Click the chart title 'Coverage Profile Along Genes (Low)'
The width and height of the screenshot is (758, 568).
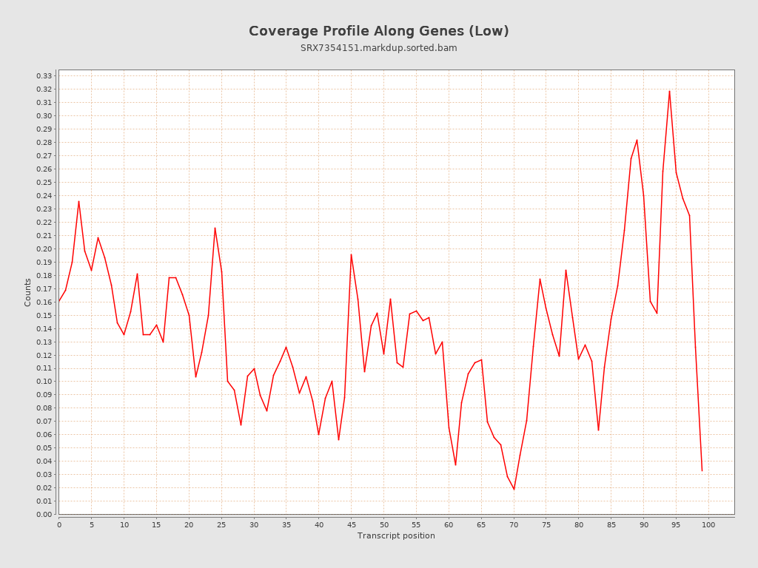pos(378,31)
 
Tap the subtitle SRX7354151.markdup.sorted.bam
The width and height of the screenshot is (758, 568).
pos(378,48)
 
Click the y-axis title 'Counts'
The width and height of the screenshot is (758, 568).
pos(28,292)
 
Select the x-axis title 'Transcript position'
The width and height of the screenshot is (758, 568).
pos(396,535)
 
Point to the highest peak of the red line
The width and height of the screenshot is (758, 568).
pos(669,91)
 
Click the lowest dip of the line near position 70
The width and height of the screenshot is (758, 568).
pos(514,489)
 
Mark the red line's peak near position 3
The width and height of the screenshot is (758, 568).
pos(78,201)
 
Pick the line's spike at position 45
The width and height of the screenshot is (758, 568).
pos(351,254)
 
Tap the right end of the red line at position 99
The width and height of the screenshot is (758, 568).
pos(702,470)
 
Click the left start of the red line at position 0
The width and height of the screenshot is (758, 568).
pos(59,301)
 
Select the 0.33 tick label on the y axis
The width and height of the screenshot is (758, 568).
pos(44,76)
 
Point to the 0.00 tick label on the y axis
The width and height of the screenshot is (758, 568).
pos(44,514)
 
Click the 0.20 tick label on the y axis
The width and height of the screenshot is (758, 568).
pos(44,248)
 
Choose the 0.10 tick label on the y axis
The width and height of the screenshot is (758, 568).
pos(44,382)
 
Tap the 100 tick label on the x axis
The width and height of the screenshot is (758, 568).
pos(708,524)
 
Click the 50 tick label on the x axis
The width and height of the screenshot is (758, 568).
pos(383,524)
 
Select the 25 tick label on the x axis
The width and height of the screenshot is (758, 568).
pos(221,524)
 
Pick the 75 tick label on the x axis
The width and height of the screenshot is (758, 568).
pos(546,524)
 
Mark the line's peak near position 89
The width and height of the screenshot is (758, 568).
pos(637,140)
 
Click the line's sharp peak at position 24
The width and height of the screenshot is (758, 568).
pos(215,228)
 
